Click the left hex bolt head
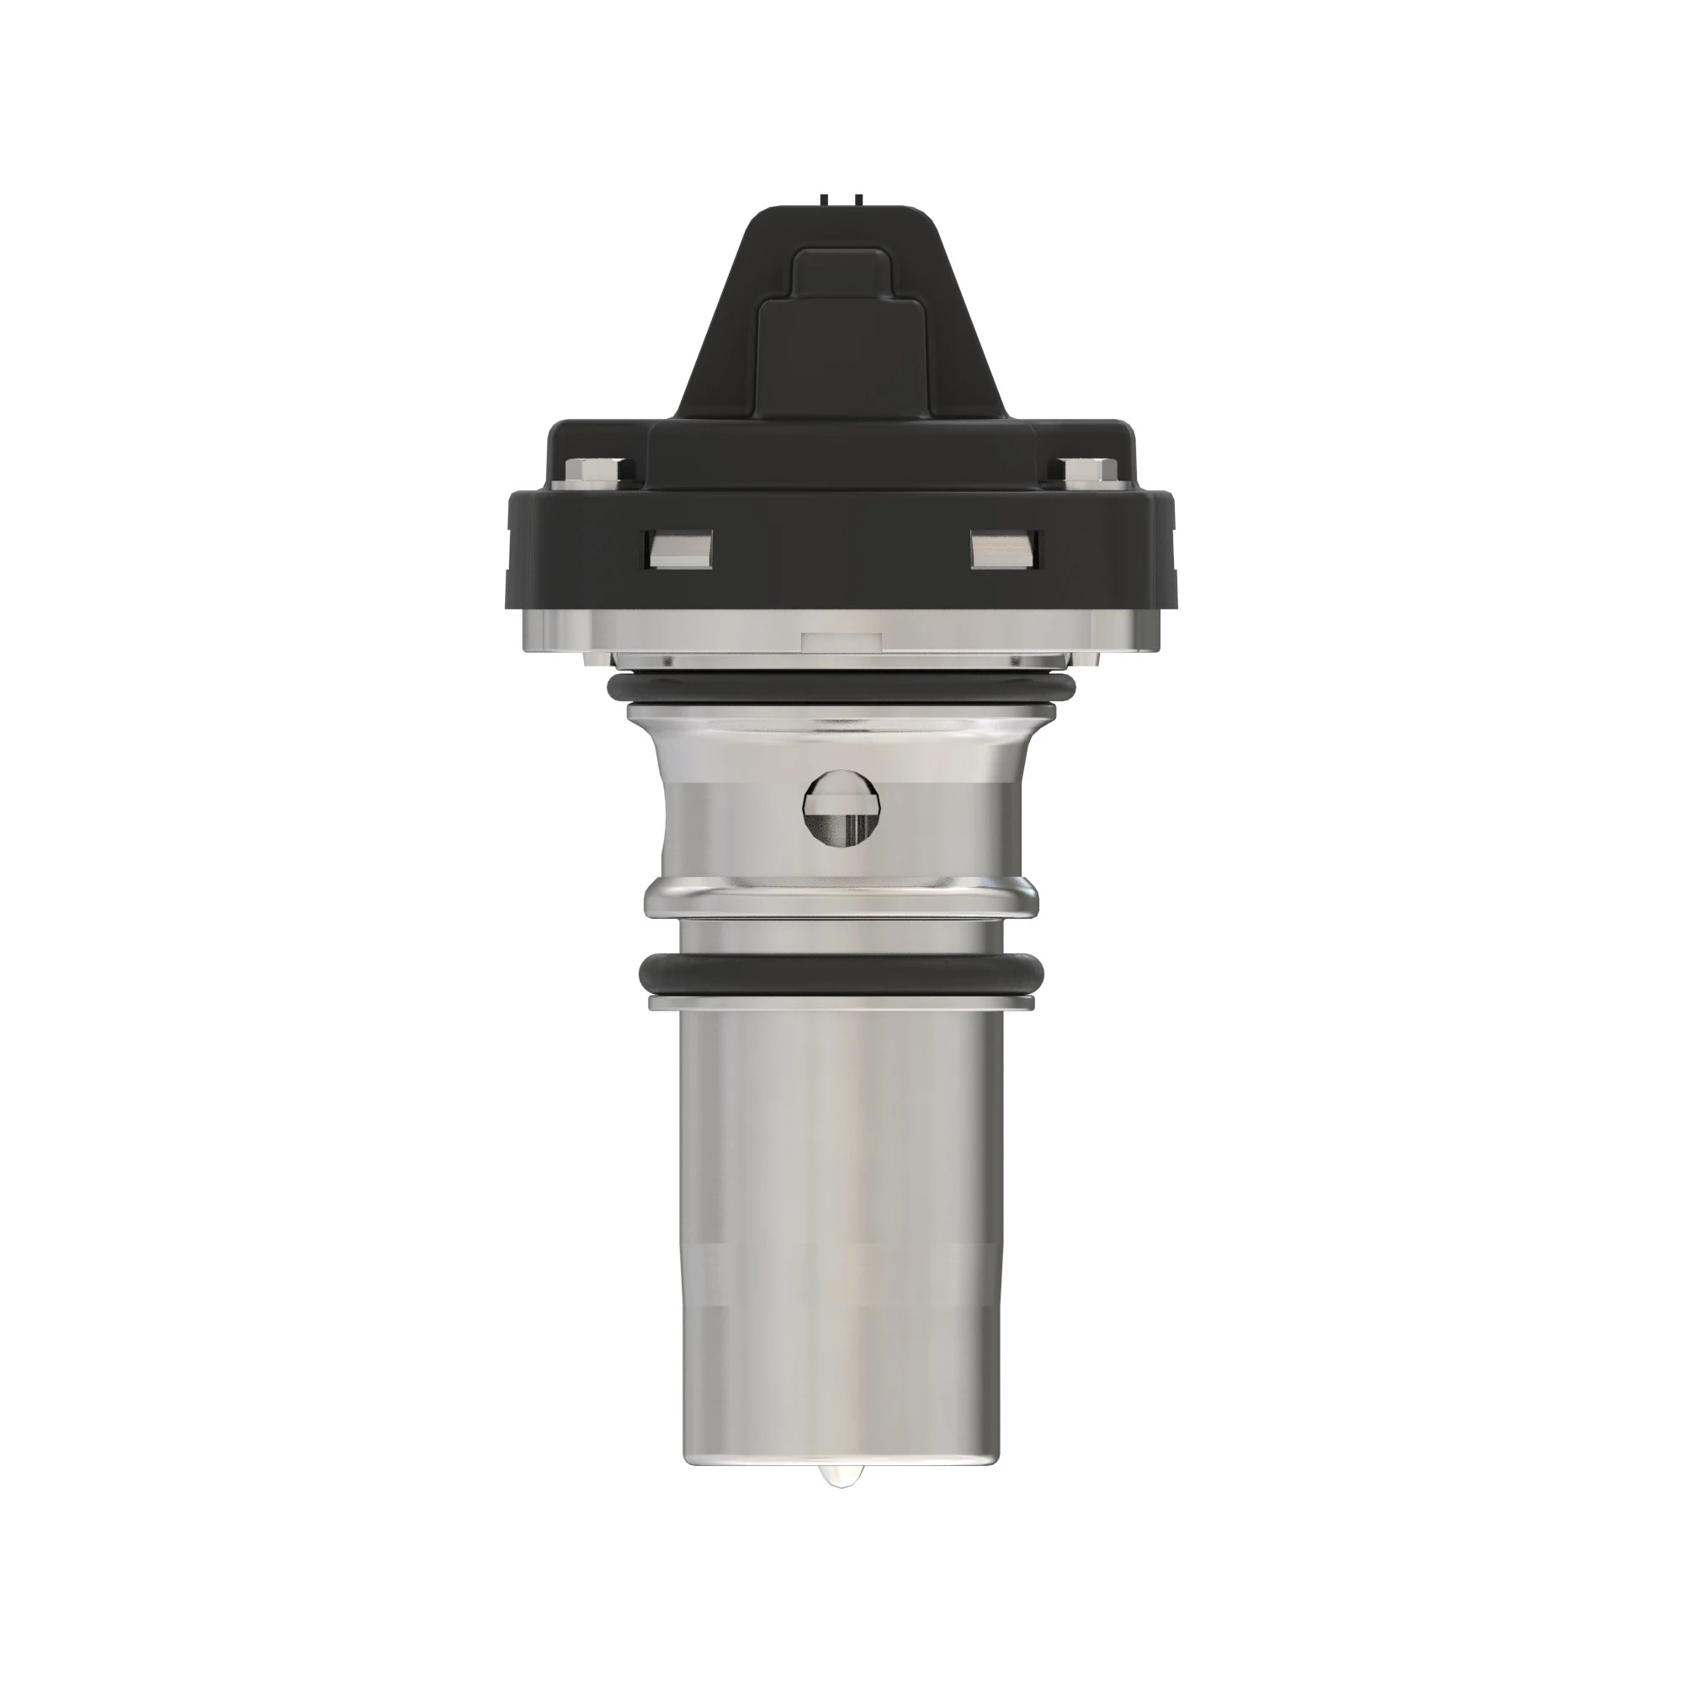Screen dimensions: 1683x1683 [599, 472]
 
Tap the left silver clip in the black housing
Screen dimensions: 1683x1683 [678, 549]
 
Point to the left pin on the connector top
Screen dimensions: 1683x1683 [824, 200]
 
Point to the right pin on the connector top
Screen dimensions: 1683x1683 [859, 200]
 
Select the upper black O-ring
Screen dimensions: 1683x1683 [841, 689]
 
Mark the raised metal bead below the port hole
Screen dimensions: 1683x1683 [841, 896]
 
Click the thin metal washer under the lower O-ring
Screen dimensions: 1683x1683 [841, 1004]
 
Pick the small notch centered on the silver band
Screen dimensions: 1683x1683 [840, 640]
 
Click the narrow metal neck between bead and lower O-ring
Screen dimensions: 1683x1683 [841, 937]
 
